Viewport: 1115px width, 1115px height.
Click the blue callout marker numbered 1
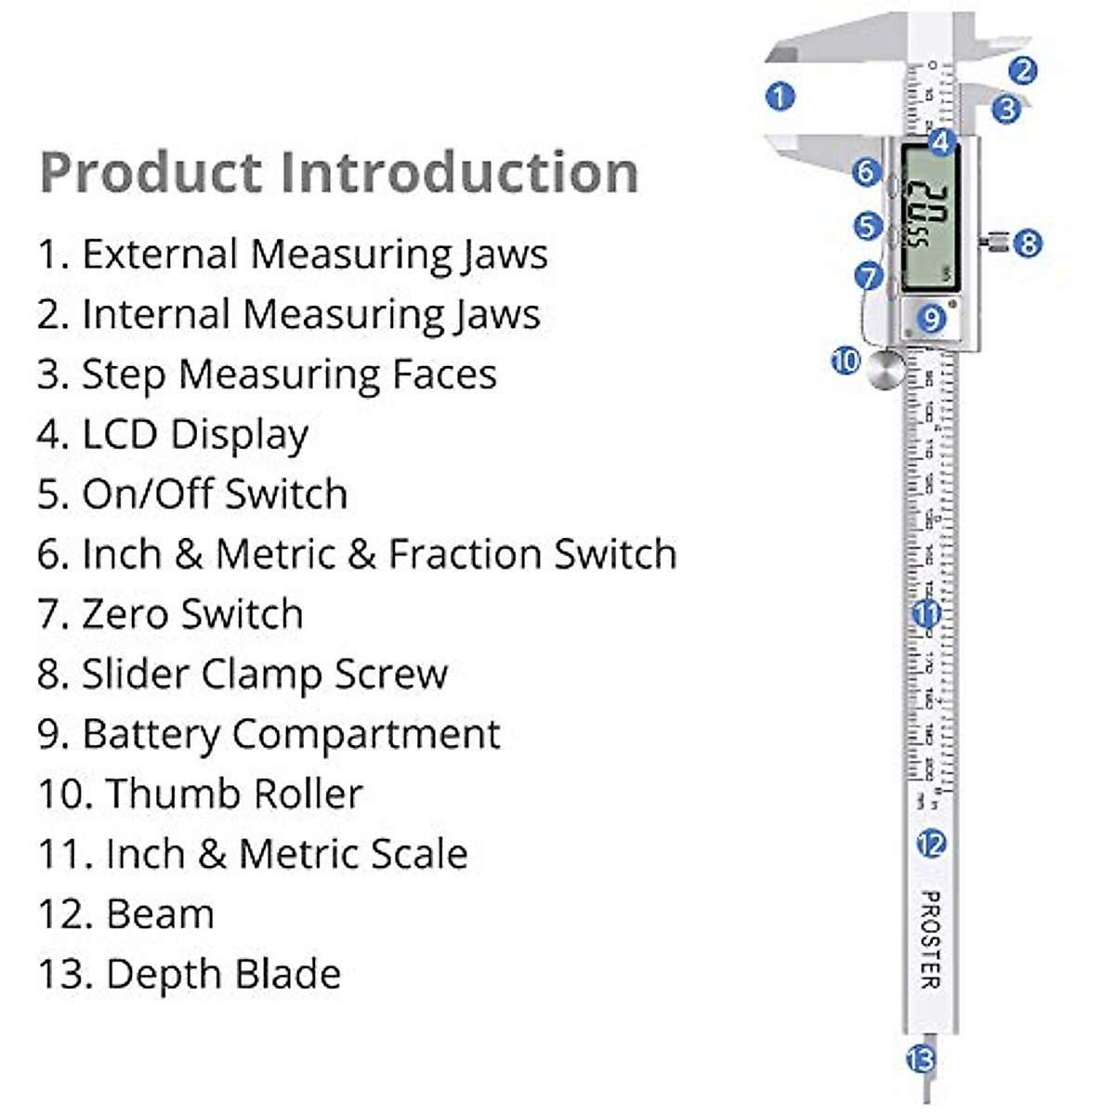click(780, 96)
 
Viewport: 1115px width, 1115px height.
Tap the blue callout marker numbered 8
click(1027, 243)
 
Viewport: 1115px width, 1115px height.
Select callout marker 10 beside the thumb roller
click(846, 360)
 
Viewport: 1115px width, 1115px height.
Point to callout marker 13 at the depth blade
click(920, 1058)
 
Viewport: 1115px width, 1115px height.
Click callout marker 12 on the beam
click(930, 843)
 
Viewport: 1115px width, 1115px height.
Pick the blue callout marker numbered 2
click(1022, 71)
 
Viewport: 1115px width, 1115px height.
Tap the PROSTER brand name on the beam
click(930, 938)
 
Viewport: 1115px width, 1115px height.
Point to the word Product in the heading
click(151, 173)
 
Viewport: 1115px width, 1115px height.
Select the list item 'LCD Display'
click(195, 434)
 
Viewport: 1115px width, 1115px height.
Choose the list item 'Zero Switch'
click(192, 614)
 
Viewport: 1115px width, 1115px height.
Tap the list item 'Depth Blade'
click(223, 974)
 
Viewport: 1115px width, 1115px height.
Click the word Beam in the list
click(160, 914)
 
